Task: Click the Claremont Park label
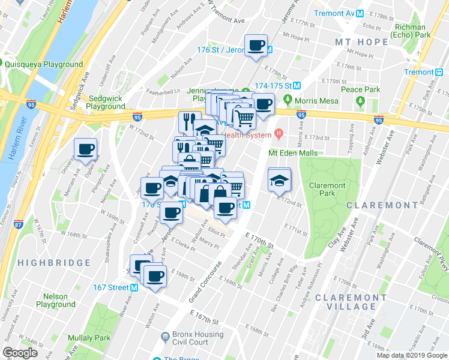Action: click(x=327, y=190)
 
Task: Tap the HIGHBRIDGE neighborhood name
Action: click(x=54, y=263)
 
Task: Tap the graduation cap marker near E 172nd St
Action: click(x=279, y=180)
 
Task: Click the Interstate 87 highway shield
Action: click(x=19, y=224)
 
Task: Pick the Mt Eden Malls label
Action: click(x=292, y=153)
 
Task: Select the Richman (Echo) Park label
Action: click(x=411, y=31)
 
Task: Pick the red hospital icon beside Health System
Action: click(x=278, y=133)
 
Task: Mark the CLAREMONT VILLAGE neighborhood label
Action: click(x=351, y=302)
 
